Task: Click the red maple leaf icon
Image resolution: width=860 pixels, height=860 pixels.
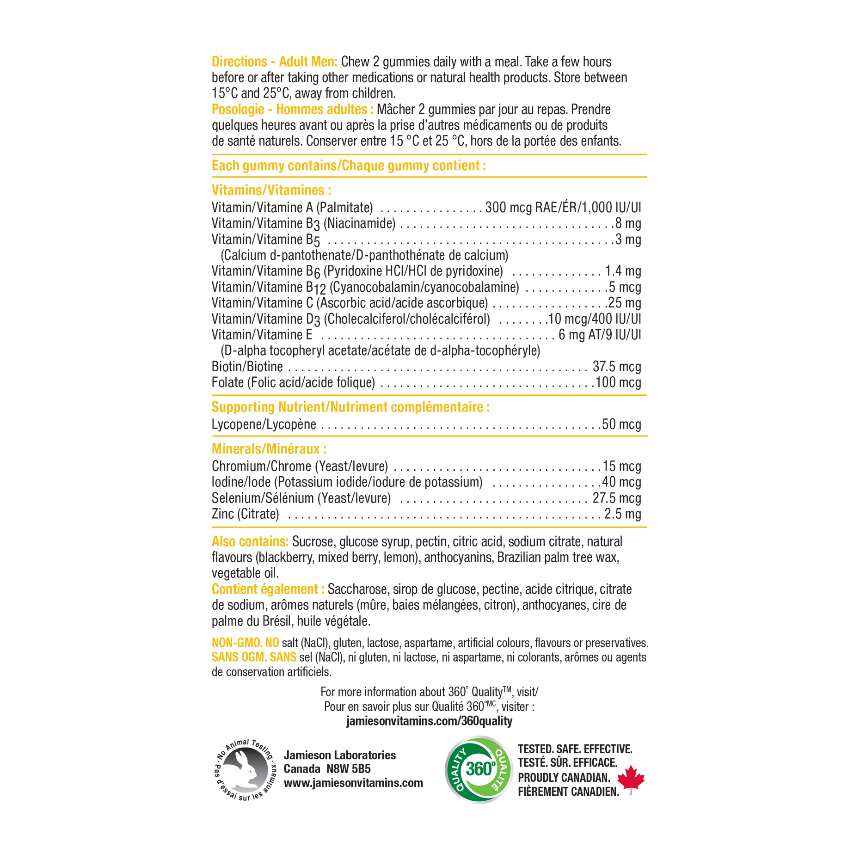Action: click(x=631, y=779)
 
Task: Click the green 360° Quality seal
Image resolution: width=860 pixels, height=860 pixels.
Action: click(x=479, y=769)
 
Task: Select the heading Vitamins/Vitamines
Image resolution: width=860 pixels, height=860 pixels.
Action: click(x=271, y=190)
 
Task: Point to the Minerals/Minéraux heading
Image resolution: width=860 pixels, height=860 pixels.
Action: click(x=269, y=449)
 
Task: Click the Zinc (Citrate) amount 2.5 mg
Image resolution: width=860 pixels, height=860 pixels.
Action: click(x=623, y=514)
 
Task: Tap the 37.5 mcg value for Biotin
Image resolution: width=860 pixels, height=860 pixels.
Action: click(x=617, y=367)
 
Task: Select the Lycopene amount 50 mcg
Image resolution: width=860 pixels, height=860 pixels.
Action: click(x=621, y=424)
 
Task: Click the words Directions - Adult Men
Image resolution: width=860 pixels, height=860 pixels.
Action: click(x=275, y=61)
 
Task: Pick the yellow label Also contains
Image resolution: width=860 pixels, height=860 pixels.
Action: click(x=250, y=541)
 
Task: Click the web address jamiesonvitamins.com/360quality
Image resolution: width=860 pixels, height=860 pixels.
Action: click(x=429, y=721)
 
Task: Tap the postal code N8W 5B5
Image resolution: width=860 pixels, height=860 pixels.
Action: click(x=349, y=769)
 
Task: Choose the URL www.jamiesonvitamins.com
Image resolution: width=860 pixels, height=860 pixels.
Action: click(x=353, y=783)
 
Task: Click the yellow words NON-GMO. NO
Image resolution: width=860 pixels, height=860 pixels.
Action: click(x=245, y=643)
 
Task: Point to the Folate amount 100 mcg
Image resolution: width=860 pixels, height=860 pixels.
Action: click(x=618, y=382)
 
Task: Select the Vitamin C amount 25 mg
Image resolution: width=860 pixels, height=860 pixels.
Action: click(x=624, y=303)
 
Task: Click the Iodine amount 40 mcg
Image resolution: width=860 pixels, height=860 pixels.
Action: click(x=621, y=482)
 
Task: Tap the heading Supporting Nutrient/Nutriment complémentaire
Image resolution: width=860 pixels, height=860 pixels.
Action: click(x=350, y=407)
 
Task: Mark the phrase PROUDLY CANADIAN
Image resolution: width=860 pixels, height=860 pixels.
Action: click(x=564, y=778)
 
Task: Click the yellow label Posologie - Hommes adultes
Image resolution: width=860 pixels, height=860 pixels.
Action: click(x=293, y=109)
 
